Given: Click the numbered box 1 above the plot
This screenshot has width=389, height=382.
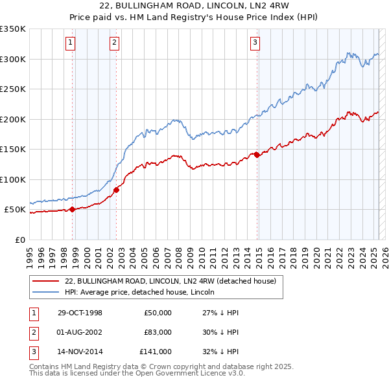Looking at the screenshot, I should coord(69,43).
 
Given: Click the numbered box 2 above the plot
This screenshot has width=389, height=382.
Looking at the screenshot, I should coord(113,43).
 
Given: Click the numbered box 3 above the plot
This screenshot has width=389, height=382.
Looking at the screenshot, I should coord(255,43).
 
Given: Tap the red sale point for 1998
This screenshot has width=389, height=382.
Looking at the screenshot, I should coord(73,208).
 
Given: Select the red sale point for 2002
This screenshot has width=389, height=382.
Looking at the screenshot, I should coord(117,190).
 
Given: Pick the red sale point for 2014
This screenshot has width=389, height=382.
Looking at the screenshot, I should coord(257,155).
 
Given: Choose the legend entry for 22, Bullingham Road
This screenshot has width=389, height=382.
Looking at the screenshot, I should coord(171,281).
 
